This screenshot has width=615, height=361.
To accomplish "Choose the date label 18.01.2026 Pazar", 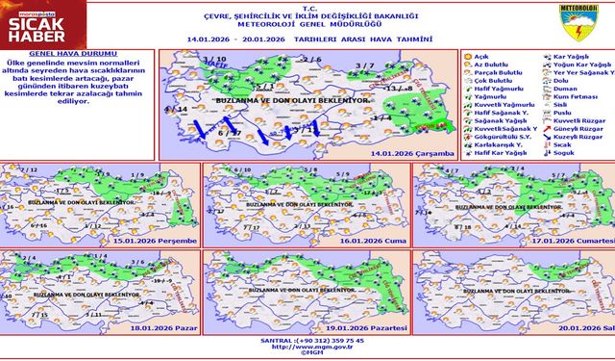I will pyautogui.click(x=167, y=327).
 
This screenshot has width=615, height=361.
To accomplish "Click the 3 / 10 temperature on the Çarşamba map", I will pyautogui.click(x=214, y=60).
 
